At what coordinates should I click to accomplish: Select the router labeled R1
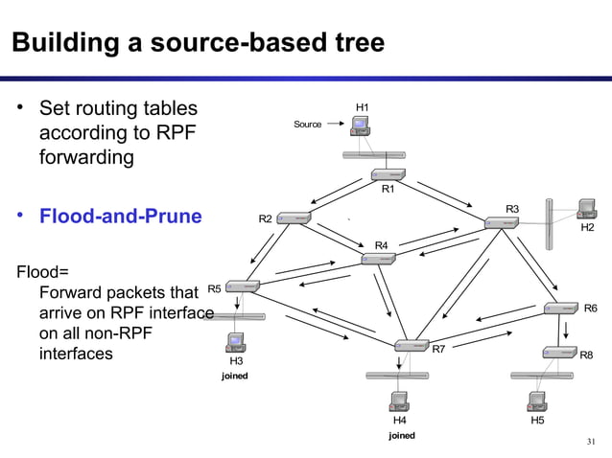(388, 174)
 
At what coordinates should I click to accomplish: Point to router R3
(501, 222)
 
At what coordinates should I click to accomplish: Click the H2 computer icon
(586, 211)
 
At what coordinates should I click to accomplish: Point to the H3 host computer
(235, 342)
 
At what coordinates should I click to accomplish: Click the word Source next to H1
(308, 125)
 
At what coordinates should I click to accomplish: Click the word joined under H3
(235, 376)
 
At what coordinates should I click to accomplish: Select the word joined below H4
(401, 435)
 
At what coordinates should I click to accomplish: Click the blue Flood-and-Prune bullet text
(120, 216)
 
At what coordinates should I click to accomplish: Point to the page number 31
(591, 442)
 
